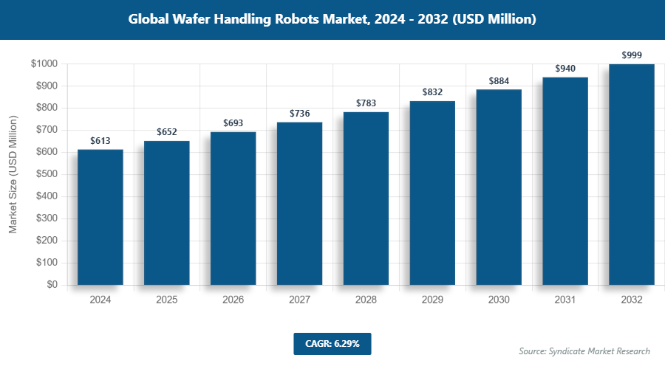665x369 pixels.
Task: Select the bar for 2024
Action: [x=100, y=217]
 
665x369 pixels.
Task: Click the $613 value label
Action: [x=100, y=140]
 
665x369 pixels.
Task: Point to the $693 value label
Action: [x=233, y=123]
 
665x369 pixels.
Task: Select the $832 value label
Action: [x=433, y=92]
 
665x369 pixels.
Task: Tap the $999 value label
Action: [x=632, y=55]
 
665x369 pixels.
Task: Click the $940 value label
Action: [x=566, y=68]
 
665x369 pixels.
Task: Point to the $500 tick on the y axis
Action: [x=45, y=174]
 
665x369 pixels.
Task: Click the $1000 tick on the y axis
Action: [x=44, y=64]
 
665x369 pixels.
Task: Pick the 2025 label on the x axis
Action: [x=167, y=300]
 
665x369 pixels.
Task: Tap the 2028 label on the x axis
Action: [x=366, y=300]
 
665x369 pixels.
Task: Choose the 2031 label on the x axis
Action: [x=566, y=300]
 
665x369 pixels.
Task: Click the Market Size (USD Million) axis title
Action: [x=13, y=174]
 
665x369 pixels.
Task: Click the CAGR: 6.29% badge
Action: [x=332, y=343]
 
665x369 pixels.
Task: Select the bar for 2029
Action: [x=433, y=193]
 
